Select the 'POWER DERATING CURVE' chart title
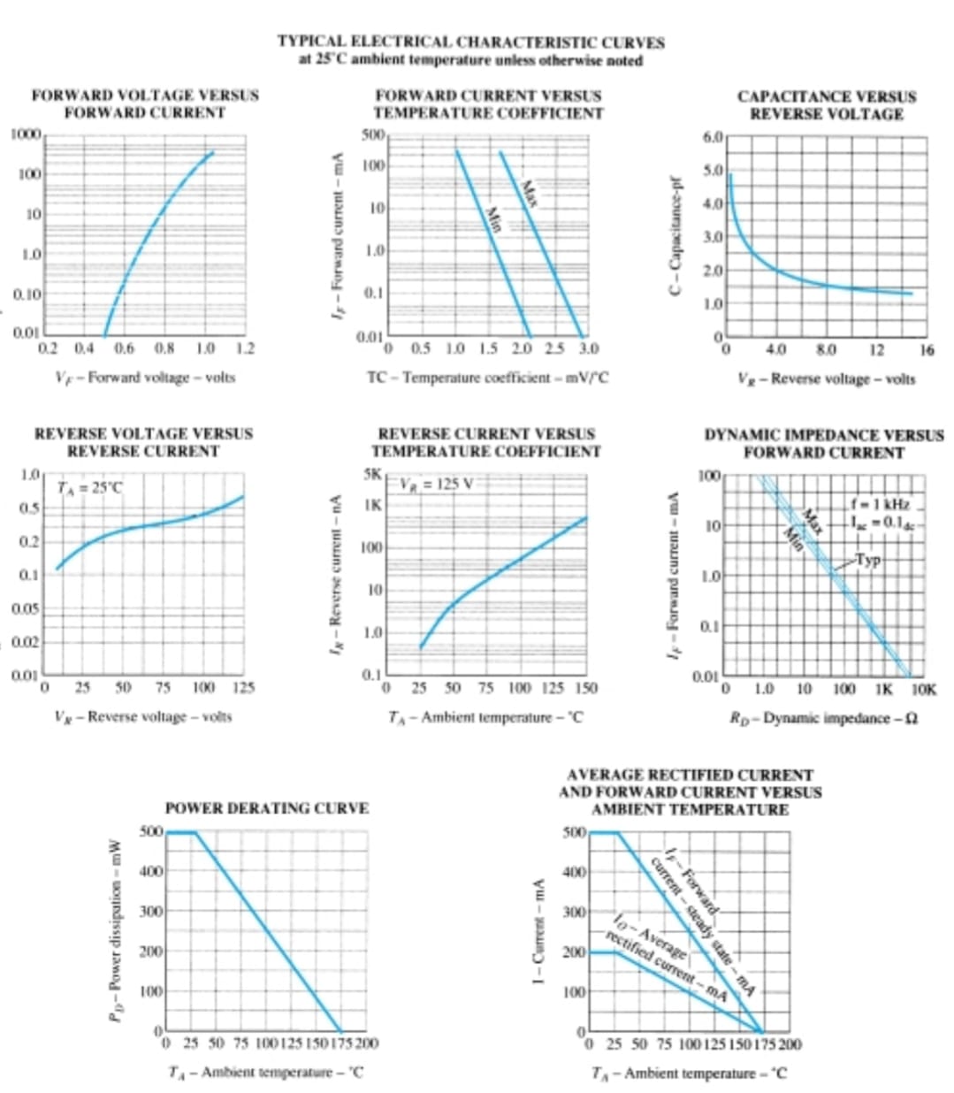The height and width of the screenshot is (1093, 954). pos(267,807)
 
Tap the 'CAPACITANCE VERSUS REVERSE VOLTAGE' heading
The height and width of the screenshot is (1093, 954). pos(826,105)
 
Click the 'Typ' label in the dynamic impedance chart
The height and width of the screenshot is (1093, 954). pos(868,559)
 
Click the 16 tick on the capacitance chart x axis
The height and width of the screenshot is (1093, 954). pos(926,350)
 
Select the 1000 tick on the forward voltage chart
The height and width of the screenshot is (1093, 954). pos(27,134)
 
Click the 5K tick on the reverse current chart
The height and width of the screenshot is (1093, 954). pos(374,475)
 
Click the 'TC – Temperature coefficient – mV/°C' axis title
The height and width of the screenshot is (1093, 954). pos(487,378)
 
